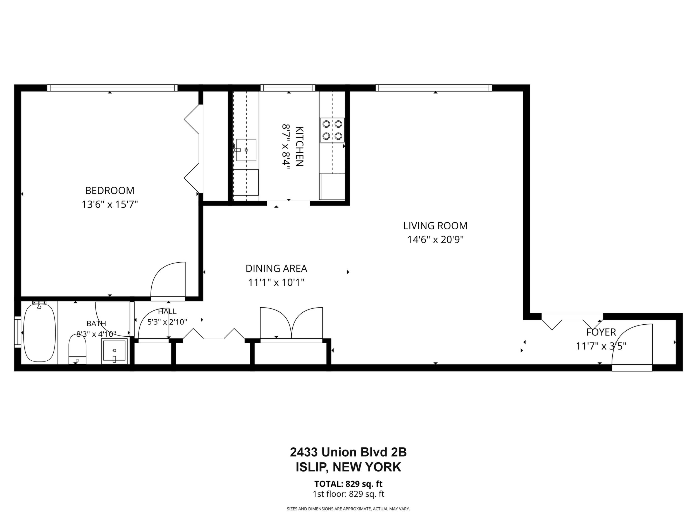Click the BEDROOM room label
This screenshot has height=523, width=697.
[x=110, y=191]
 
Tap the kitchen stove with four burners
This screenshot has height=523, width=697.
[x=332, y=130]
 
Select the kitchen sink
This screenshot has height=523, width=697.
[x=246, y=150]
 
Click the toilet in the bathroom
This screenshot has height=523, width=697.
[x=77, y=349]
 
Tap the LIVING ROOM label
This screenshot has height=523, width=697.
[x=435, y=226]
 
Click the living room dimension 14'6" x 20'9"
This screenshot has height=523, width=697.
[x=435, y=240]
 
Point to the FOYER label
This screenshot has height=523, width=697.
[x=601, y=332]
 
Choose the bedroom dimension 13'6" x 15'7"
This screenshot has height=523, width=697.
[x=110, y=205]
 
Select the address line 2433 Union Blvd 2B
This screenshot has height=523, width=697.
[x=348, y=452]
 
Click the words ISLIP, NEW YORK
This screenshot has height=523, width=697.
[x=348, y=467]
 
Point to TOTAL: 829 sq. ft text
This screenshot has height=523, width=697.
[x=348, y=484]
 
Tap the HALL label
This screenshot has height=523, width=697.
[x=167, y=312]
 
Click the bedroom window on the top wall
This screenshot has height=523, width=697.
[x=112, y=88]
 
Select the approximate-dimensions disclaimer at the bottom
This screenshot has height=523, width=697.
[x=348, y=509]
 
